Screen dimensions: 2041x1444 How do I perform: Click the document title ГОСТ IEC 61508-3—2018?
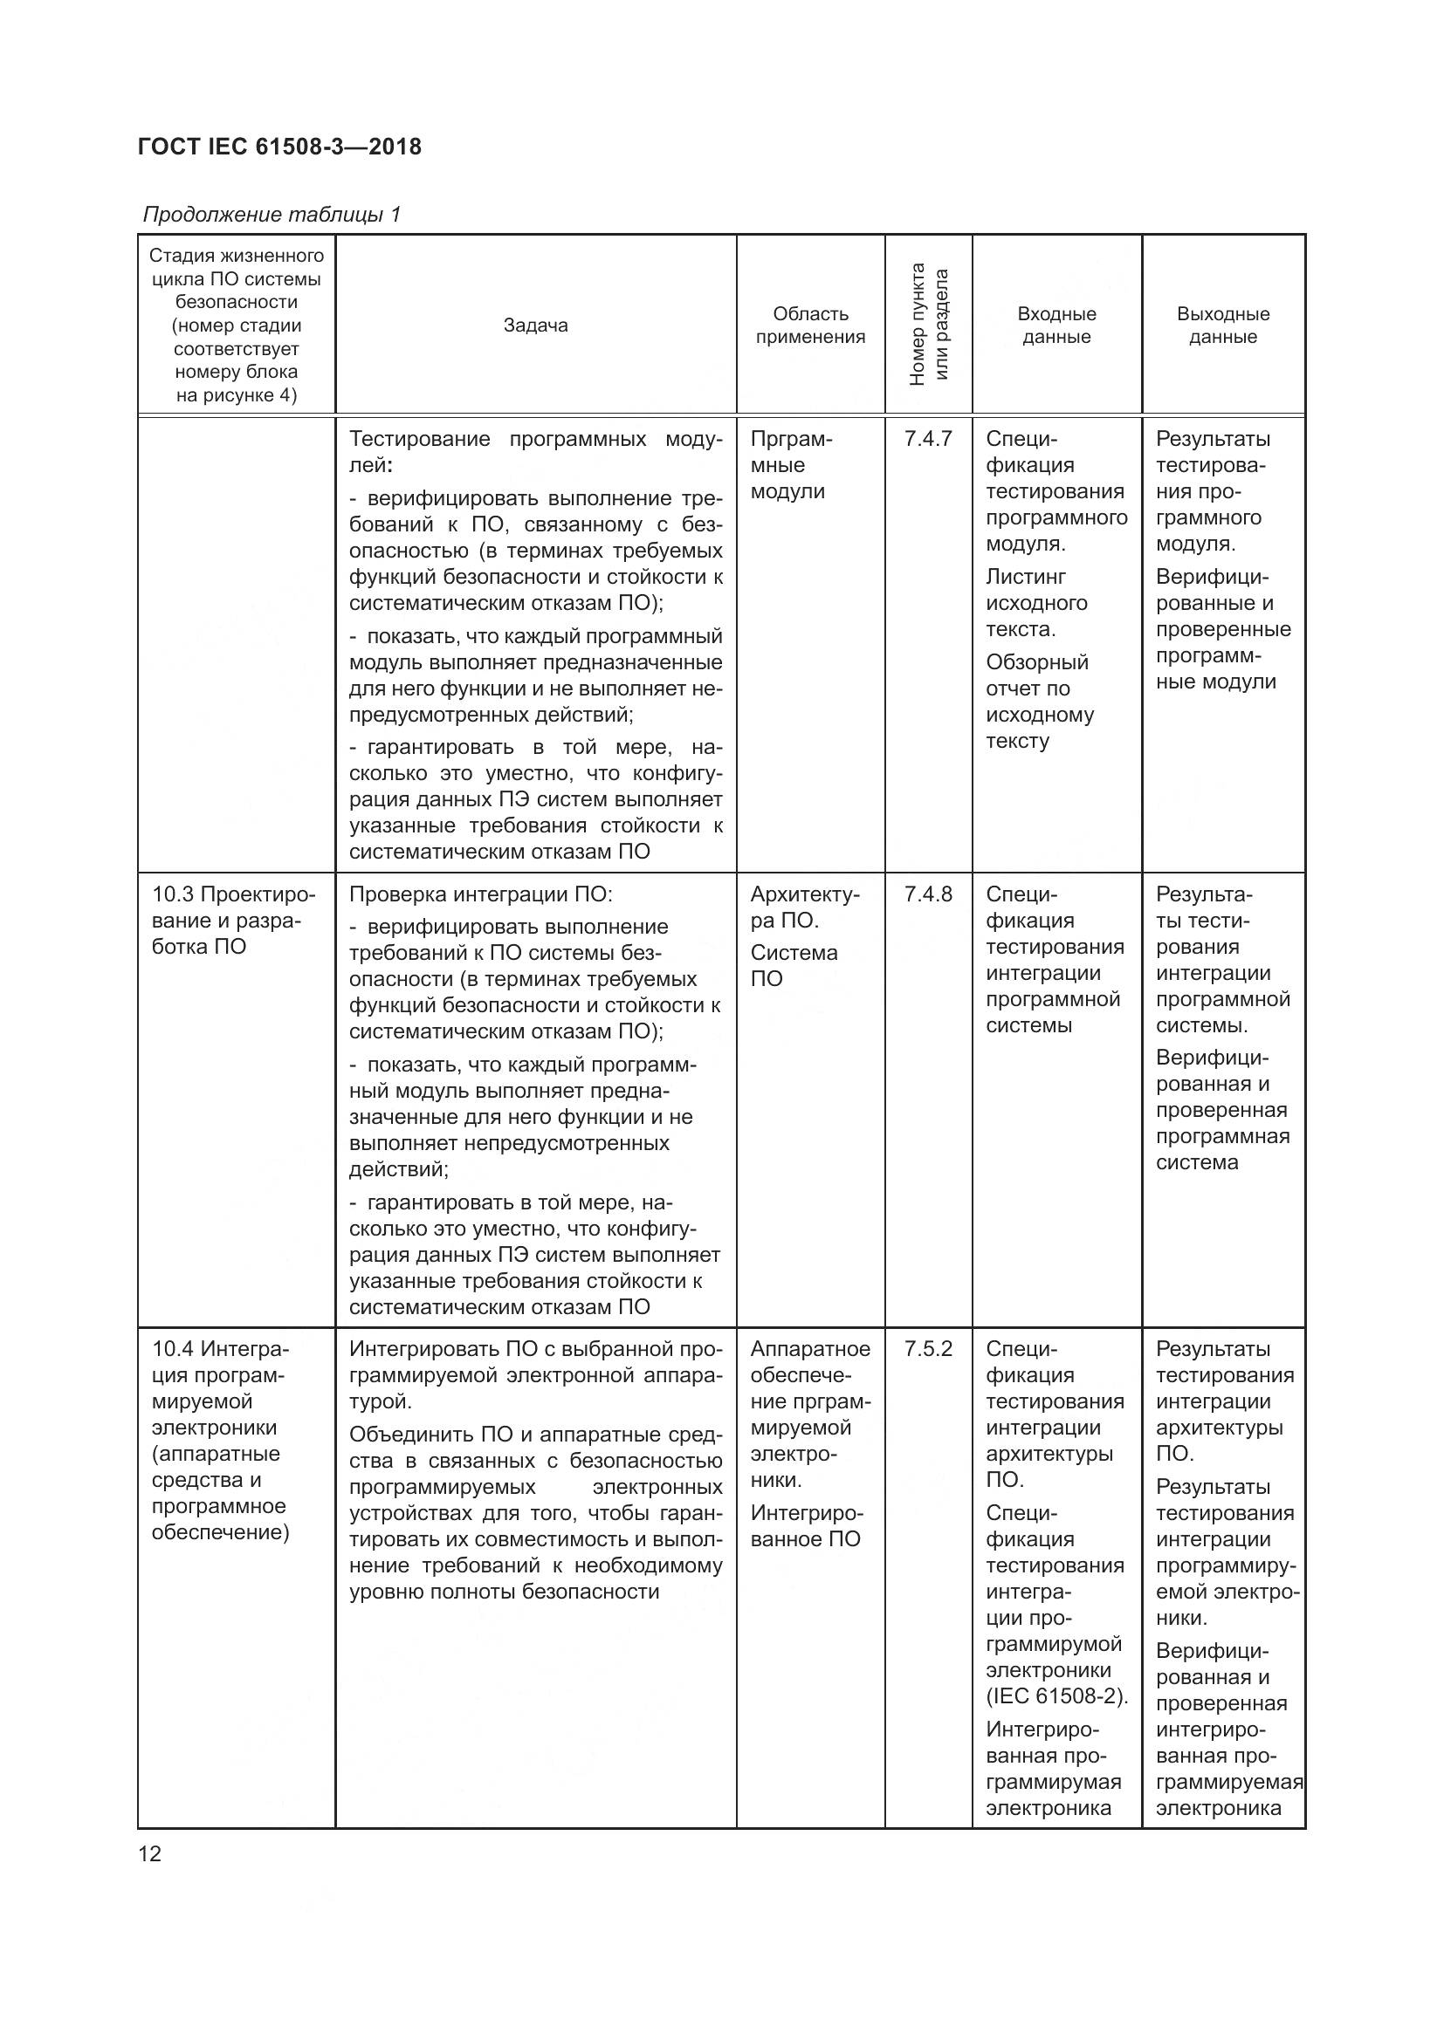coord(280,147)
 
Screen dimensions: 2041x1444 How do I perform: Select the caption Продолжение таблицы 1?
coord(272,215)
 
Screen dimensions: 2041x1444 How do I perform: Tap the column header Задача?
coord(535,325)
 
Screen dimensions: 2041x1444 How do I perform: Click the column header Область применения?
coord(810,325)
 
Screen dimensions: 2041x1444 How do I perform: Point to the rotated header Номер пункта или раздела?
coord(928,325)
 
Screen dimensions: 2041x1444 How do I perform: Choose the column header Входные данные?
coord(1056,325)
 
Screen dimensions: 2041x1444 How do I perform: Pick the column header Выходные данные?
coord(1222,325)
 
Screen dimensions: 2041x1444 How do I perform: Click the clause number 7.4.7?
coord(927,439)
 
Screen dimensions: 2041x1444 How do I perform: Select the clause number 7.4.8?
coord(927,894)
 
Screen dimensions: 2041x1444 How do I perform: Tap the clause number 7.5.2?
coord(927,1349)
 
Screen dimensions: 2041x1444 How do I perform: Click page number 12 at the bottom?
coord(150,1853)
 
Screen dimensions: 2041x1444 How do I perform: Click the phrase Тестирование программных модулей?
coord(535,452)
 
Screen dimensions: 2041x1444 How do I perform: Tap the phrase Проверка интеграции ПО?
coord(480,894)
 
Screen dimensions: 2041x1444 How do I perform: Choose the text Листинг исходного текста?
coord(1036,603)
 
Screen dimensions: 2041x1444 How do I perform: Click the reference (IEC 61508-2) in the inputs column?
coord(1056,1696)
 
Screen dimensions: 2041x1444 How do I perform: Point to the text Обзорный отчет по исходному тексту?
coord(1040,702)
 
